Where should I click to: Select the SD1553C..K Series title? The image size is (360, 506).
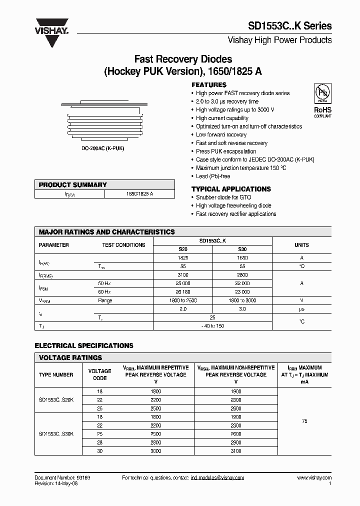(289, 26)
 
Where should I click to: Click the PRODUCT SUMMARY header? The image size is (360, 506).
(73, 184)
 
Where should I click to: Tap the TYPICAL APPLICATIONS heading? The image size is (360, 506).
(231, 189)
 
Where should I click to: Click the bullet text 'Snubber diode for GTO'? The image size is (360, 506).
(223, 197)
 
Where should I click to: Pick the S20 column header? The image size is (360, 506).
(183, 249)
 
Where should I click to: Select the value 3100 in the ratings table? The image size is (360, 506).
(183, 275)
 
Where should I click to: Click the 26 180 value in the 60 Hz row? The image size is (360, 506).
(183, 292)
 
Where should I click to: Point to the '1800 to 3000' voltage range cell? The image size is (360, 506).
(242, 300)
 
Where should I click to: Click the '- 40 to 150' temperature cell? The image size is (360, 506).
(212, 325)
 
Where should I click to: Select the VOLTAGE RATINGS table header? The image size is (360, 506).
(70, 357)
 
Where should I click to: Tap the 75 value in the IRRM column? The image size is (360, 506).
(304, 421)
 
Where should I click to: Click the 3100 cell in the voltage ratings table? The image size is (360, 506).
(235, 450)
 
